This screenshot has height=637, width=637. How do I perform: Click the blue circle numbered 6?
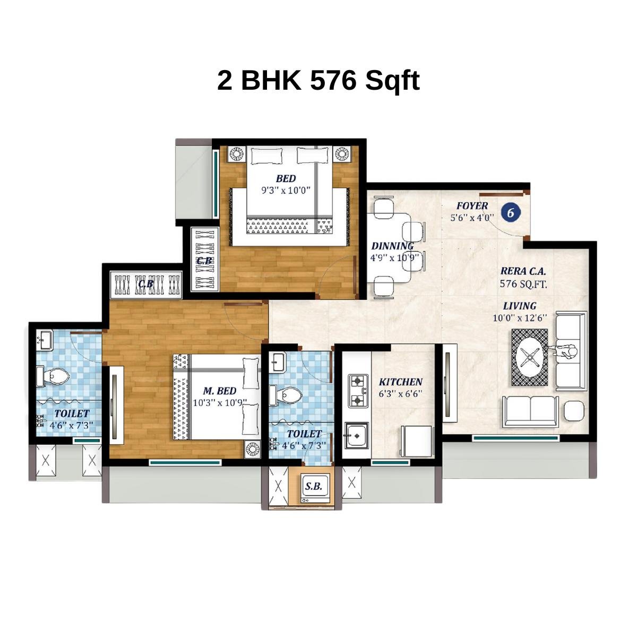[511, 213]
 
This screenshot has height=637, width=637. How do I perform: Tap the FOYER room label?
[472, 206]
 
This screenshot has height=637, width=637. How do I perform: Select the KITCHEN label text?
[400, 382]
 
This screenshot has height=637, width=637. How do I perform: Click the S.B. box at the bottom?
[315, 486]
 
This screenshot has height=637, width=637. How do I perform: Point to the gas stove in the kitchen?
[358, 390]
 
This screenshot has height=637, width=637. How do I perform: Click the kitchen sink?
[356, 436]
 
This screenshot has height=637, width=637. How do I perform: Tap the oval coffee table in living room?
[529, 358]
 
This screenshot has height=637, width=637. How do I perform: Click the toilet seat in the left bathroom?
[55, 376]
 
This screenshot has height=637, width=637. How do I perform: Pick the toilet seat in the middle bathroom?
[289, 395]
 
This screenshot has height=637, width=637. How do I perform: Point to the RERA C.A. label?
[523, 271]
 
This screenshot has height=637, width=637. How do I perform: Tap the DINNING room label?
[392, 246]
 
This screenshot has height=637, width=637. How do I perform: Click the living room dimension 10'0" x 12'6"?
[520, 318]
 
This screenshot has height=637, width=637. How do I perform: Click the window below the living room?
[515, 438]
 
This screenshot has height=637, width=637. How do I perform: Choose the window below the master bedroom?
[185, 462]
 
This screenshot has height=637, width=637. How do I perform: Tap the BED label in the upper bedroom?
[286, 178]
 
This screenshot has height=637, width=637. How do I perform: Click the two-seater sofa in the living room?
[529, 410]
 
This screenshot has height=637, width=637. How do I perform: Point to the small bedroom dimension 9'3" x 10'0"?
[286, 190]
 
